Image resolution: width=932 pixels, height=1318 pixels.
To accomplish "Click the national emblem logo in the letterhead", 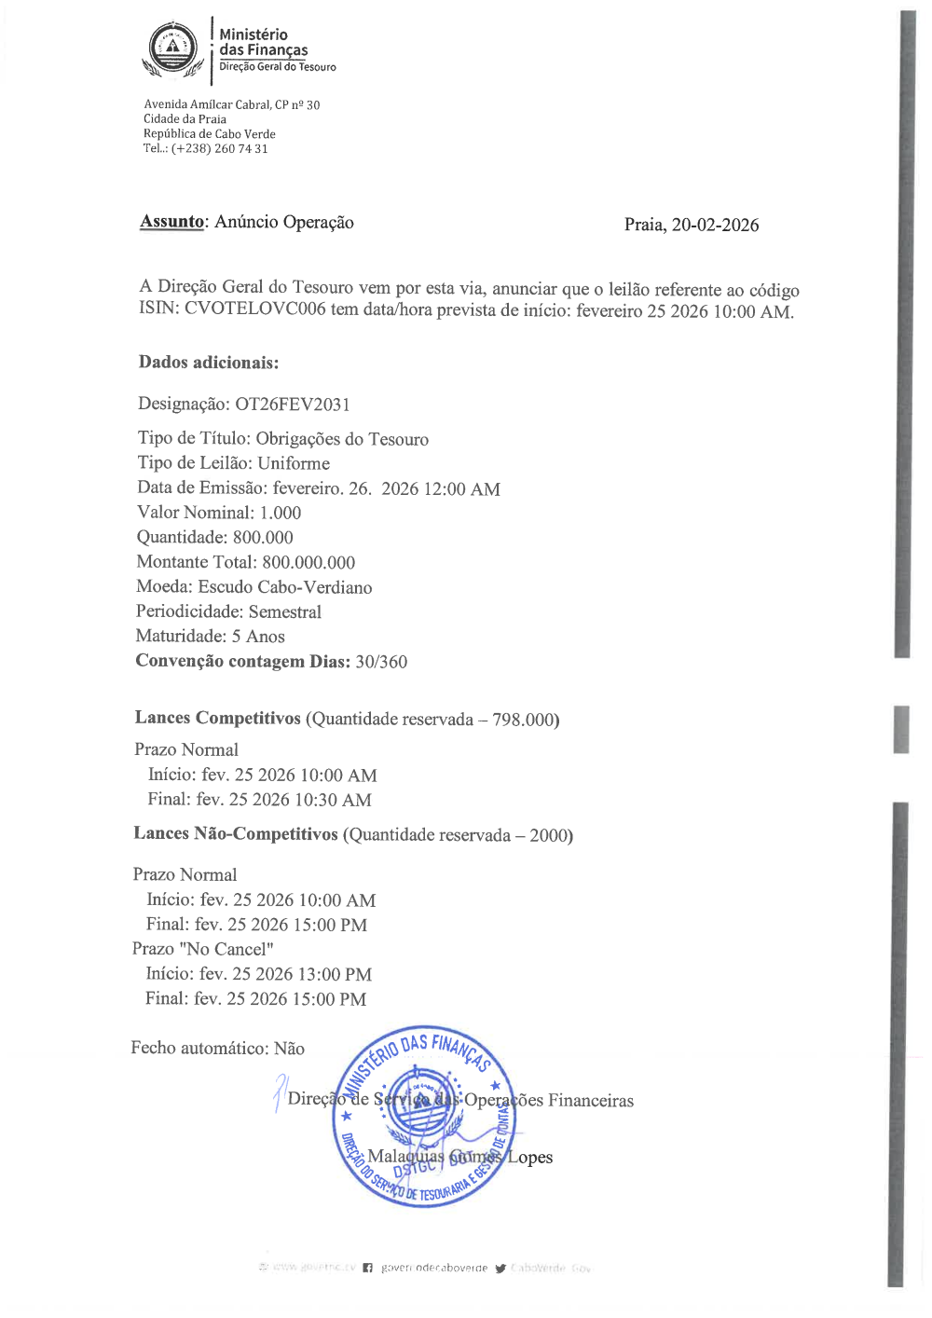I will tap(173, 49).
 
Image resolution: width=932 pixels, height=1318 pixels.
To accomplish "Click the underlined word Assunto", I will tap(171, 222).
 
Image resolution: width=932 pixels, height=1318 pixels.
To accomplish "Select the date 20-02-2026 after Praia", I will tap(715, 225).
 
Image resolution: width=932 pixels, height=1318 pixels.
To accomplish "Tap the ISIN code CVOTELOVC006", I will tap(255, 309).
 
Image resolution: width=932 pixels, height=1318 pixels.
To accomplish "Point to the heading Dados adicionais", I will tap(209, 363).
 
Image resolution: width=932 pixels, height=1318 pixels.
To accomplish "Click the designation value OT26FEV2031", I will tap(293, 405).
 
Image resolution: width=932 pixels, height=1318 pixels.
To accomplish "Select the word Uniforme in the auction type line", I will tap(294, 463).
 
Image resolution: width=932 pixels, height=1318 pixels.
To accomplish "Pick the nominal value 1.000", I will tap(281, 513).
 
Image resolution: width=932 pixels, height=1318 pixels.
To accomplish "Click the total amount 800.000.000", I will tap(308, 562).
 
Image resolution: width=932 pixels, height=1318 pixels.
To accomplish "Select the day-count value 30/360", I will tap(381, 662).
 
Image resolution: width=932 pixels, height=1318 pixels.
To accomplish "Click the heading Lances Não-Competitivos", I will tap(236, 834).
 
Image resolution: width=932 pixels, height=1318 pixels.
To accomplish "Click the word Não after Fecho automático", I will tap(289, 1049).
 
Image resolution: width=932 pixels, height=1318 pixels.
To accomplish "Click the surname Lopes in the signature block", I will tap(529, 1158).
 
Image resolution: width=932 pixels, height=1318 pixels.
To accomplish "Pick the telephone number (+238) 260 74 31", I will tap(219, 149).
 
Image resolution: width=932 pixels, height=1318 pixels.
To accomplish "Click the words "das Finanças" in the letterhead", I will tap(264, 50).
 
